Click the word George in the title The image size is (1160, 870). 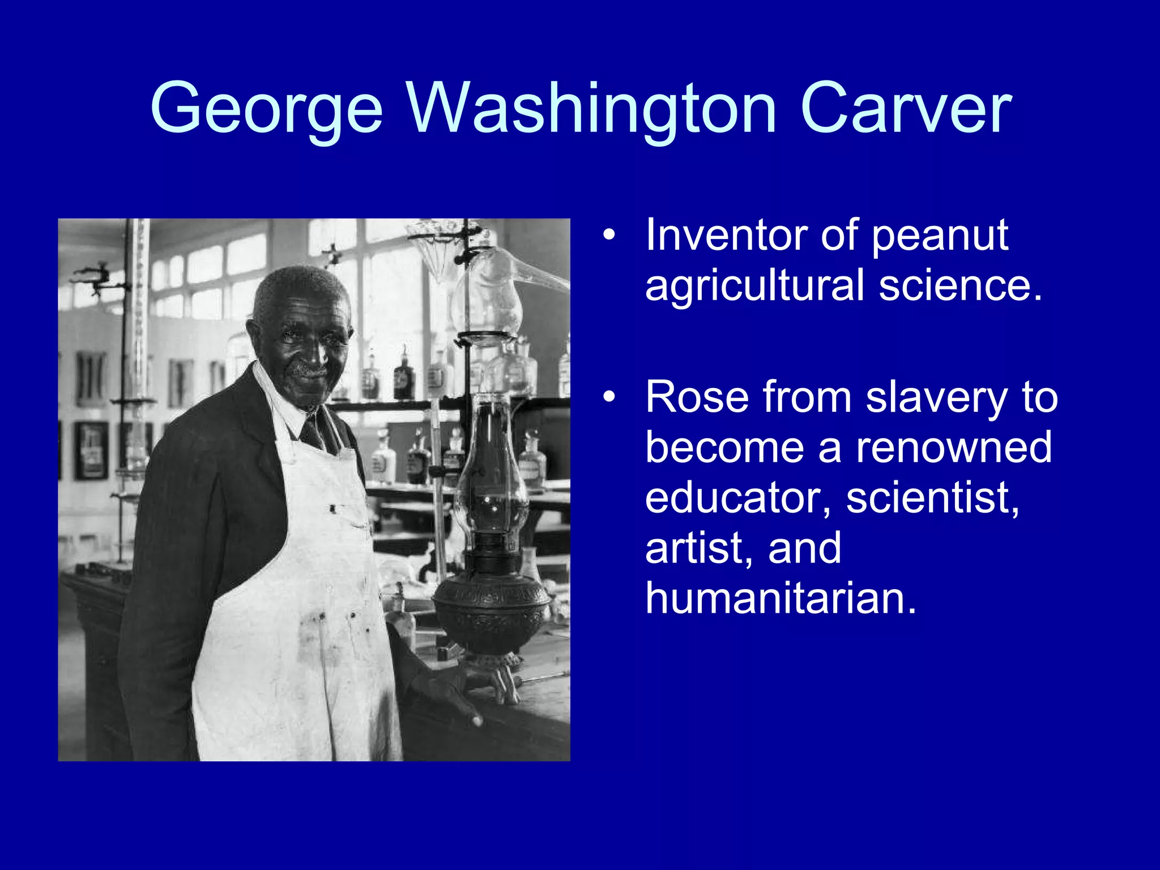[266, 109]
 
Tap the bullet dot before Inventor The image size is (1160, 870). [609, 235]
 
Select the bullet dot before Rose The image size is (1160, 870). [609, 398]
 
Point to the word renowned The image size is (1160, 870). [954, 447]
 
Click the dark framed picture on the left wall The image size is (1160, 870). [91, 450]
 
